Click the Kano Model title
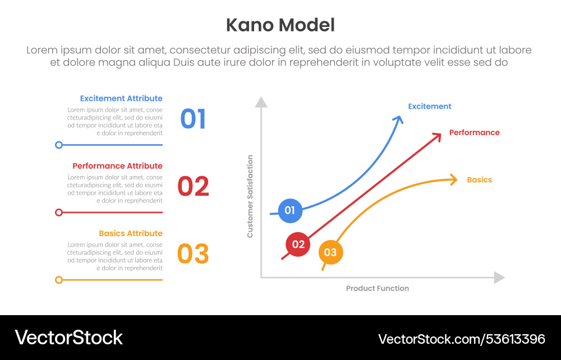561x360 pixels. pos(280,25)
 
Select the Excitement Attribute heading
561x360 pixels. pos(121,99)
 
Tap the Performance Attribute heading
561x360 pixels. pos(117,166)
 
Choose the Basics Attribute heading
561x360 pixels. pos(131,233)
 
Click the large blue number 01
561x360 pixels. pos(193,119)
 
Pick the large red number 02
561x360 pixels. pos(193,187)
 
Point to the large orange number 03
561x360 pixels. pos(193,254)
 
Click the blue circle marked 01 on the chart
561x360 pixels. pos(290,211)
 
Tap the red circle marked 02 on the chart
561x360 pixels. pos(298,244)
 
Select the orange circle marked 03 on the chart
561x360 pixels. pos(330,252)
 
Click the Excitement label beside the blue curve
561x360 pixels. pos(429,107)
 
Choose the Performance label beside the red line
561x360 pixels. pos(474,133)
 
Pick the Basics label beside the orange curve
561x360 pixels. pos(479,180)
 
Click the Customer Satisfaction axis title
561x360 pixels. pos(250,196)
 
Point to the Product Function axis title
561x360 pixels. pos(377,288)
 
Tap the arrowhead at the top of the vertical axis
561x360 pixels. pos(261,102)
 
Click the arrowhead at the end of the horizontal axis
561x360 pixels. pos(499,278)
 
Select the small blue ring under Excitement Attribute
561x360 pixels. pos(59,145)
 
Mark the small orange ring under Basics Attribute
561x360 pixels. pos(59,279)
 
